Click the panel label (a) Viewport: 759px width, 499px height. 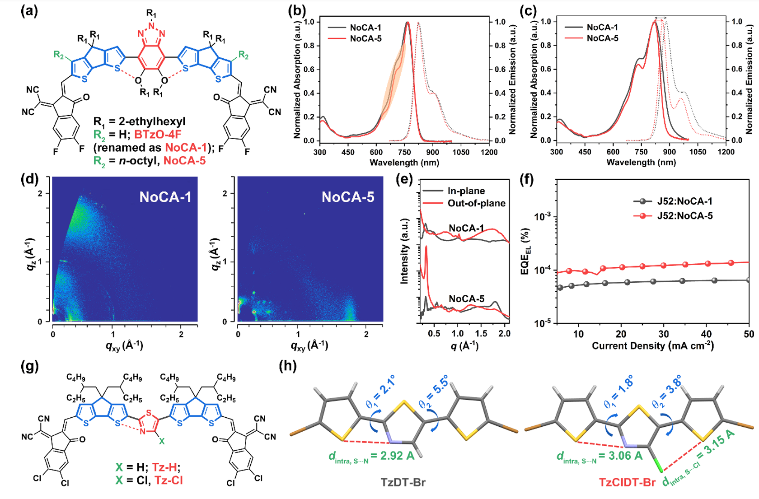point(29,11)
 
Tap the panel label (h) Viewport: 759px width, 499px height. point(288,366)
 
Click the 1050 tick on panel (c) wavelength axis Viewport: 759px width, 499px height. point(698,152)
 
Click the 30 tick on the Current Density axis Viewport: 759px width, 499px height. point(664,334)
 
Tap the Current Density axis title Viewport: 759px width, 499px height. point(653,346)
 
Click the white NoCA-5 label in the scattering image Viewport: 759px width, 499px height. point(348,197)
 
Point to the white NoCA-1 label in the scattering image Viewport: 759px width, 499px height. point(165,197)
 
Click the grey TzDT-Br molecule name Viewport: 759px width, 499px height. point(403,482)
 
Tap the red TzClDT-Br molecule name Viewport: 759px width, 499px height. point(627,482)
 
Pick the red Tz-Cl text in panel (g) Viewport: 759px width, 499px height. point(169,480)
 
